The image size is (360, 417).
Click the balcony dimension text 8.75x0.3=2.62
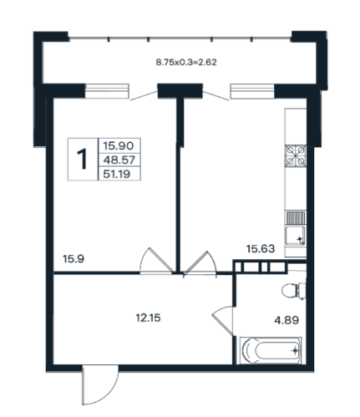pyautogui.click(x=186, y=62)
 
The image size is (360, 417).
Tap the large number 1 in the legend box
pyautogui.click(x=82, y=159)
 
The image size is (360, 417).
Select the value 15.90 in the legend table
pyautogui.click(x=119, y=145)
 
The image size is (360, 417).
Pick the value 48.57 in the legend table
pyautogui.click(x=119, y=160)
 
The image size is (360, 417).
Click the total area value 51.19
pyautogui.click(x=117, y=174)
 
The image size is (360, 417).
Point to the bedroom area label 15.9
pyautogui.click(x=74, y=259)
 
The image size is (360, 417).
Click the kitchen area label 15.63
pyautogui.click(x=261, y=248)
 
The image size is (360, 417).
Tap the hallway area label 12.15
pyautogui.click(x=148, y=318)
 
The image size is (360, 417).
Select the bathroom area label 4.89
pyautogui.click(x=286, y=320)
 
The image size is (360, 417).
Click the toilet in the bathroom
pyautogui.click(x=293, y=291)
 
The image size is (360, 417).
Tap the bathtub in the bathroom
pyautogui.click(x=271, y=350)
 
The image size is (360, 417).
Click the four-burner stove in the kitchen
pyautogui.click(x=296, y=155)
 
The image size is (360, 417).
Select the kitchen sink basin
pyautogui.click(x=295, y=236)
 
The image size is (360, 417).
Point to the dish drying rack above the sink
pyautogui.click(x=296, y=217)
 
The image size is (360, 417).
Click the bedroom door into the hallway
pyautogui.click(x=157, y=261)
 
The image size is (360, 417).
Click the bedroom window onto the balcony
pyautogui.click(x=107, y=91)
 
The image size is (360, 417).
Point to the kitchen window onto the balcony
pyautogui.click(x=252, y=91)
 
